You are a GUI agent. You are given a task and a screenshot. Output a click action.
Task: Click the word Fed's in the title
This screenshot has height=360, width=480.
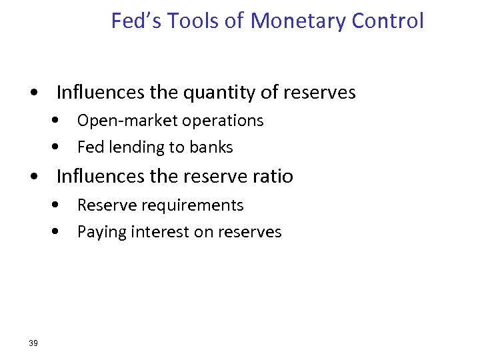pos(138,21)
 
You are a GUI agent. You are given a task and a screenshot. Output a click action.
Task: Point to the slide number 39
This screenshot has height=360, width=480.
pos(33,343)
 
